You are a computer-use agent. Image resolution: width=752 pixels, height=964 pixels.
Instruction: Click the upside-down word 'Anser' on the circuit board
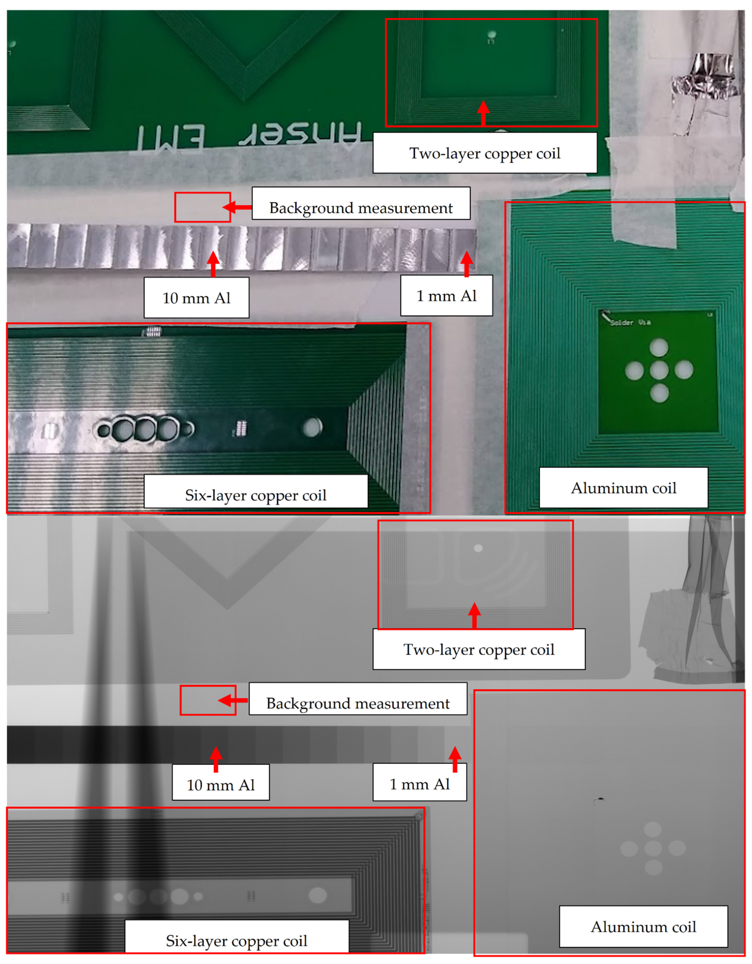point(300,134)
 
